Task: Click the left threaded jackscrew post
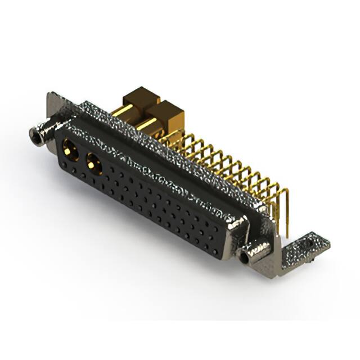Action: point(38,134)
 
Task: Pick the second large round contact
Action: point(93,164)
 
